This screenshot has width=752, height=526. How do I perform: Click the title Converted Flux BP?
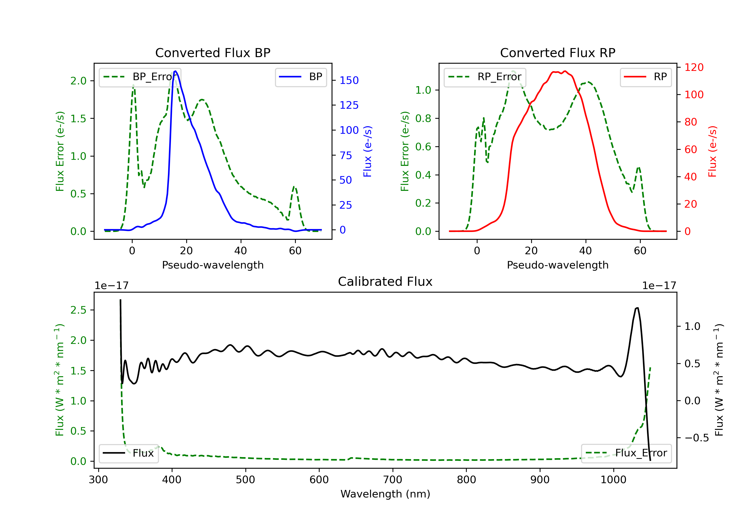[213, 53]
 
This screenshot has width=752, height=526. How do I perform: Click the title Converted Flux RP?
[557, 53]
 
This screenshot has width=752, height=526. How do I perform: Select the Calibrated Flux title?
[385, 282]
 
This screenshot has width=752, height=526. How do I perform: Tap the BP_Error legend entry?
[140, 77]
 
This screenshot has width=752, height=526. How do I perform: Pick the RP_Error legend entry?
[485, 77]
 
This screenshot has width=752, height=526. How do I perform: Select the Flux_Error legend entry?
[626, 453]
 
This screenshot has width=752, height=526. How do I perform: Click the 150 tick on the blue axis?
[349, 80]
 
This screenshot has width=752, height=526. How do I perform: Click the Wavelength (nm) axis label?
[385, 494]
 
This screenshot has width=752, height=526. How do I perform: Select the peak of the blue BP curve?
[175, 71]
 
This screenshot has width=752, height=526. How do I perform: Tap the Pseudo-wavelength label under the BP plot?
[213, 265]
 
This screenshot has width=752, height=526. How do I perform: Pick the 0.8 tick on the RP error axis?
[423, 118]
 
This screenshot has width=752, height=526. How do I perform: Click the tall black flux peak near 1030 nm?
[637, 308]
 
